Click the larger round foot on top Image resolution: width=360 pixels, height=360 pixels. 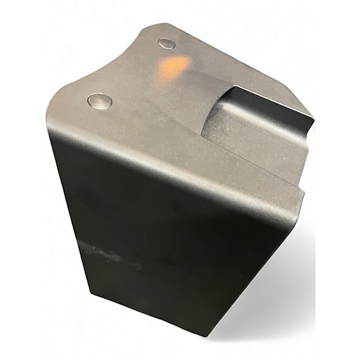pos(99,101)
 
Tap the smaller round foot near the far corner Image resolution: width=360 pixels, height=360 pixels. pos(166,43)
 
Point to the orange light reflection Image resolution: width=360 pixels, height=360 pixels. pos(175,65)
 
